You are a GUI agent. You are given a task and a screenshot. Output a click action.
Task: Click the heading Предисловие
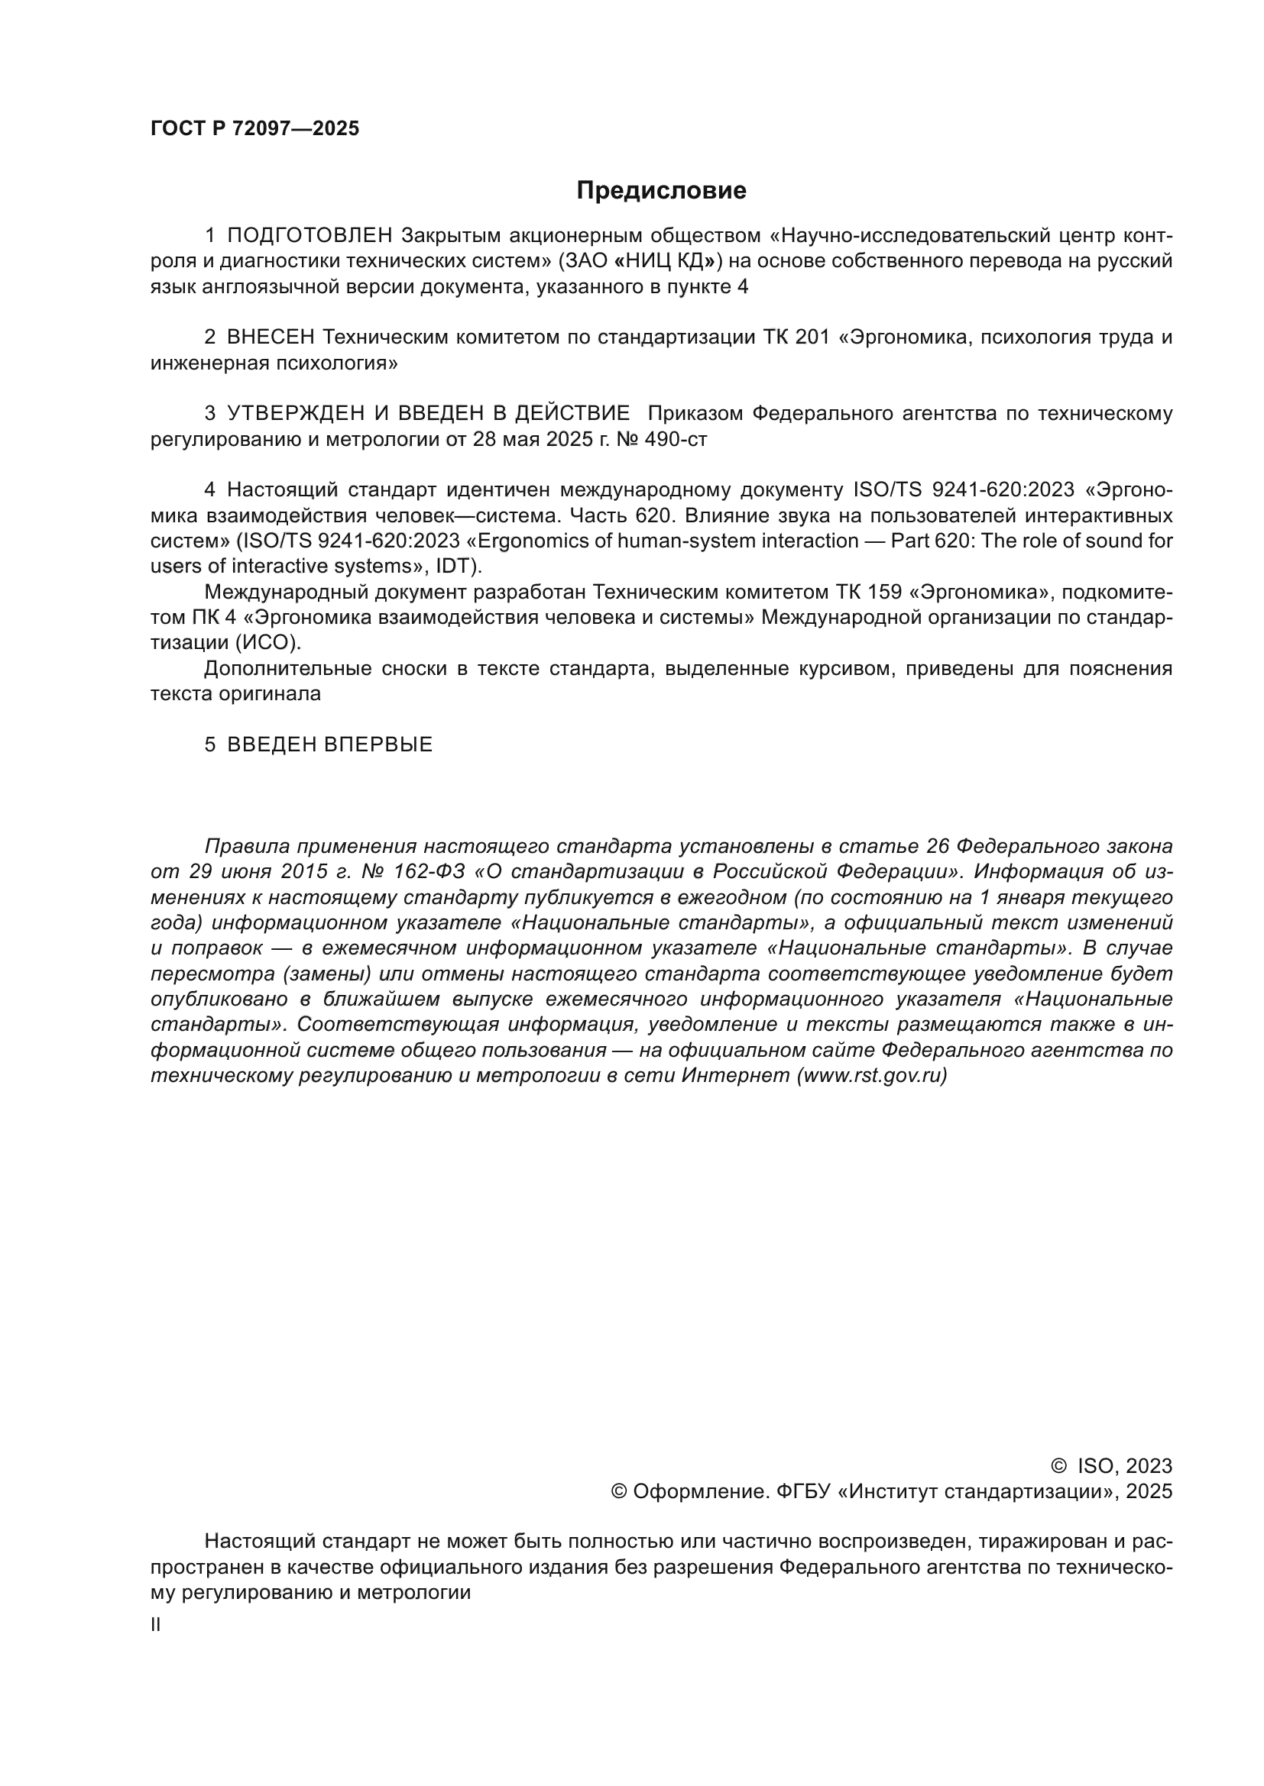click(x=661, y=191)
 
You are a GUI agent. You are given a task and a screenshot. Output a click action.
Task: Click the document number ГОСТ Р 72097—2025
click(x=254, y=129)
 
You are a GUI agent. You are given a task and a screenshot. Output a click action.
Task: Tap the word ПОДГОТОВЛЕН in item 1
click(x=310, y=236)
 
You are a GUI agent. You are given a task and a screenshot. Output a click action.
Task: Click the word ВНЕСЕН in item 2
click(x=271, y=337)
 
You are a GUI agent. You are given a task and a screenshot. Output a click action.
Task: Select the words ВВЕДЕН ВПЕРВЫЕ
click(x=329, y=744)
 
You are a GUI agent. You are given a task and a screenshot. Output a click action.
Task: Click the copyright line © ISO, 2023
click(x=1110, y=1466)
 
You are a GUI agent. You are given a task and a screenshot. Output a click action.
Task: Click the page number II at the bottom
click(x=156, y=1625)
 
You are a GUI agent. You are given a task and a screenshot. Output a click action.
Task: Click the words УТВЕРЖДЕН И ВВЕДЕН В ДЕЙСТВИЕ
click(x=428, y=414)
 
